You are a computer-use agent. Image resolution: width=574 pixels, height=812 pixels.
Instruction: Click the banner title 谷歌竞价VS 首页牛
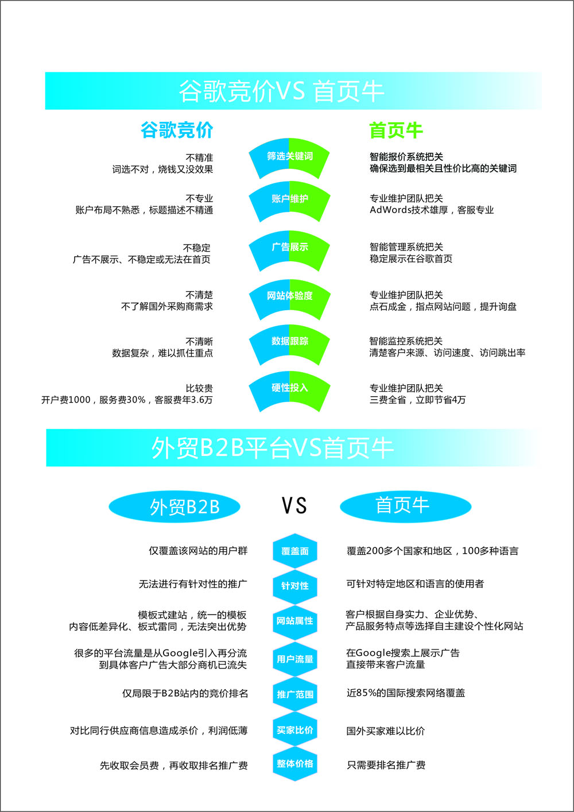282,91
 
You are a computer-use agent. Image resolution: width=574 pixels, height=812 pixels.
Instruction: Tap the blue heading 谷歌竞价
177,130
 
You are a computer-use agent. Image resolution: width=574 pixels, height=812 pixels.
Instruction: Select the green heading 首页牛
396,130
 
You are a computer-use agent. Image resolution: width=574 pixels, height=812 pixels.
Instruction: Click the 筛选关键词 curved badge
289,158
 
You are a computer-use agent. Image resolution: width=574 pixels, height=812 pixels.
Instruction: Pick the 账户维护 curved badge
289,201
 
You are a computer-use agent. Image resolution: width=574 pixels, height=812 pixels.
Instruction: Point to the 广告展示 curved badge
289,250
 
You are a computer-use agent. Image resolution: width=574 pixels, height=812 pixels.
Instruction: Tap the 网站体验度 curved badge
289,299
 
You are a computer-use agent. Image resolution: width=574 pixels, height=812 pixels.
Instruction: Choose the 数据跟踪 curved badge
289,345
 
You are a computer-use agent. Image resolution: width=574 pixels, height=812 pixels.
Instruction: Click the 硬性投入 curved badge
289,391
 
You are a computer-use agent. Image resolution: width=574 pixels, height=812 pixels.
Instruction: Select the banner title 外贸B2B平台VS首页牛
273,448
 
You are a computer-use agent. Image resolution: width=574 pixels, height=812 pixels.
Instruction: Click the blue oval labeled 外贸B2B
174,506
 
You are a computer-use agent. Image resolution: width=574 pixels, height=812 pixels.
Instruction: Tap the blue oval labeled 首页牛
405,506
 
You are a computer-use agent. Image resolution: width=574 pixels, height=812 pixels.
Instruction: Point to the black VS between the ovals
294,505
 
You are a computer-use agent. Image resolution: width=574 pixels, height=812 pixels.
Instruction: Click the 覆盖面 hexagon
295,551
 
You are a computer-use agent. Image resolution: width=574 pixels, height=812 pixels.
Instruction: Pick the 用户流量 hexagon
295,659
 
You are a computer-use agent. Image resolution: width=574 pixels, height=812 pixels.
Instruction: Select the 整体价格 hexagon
295,764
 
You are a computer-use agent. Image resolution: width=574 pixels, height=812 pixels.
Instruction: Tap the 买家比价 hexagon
295,730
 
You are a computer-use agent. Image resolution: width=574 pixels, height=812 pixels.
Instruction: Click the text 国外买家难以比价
386,731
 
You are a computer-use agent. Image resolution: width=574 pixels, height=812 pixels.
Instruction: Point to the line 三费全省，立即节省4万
417,400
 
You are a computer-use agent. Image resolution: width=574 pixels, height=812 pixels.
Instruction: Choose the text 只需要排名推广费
386,765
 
